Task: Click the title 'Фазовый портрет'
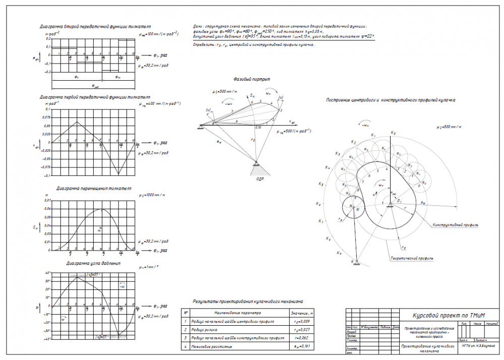coord(251,80)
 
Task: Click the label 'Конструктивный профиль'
coord(453,225)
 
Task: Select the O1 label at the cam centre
coord(399,201)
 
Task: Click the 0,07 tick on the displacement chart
coord(47,200)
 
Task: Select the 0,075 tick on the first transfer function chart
coord(46,117)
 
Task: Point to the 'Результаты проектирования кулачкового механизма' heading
coord(247,302)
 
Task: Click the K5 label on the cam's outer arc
coord(322,184)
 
